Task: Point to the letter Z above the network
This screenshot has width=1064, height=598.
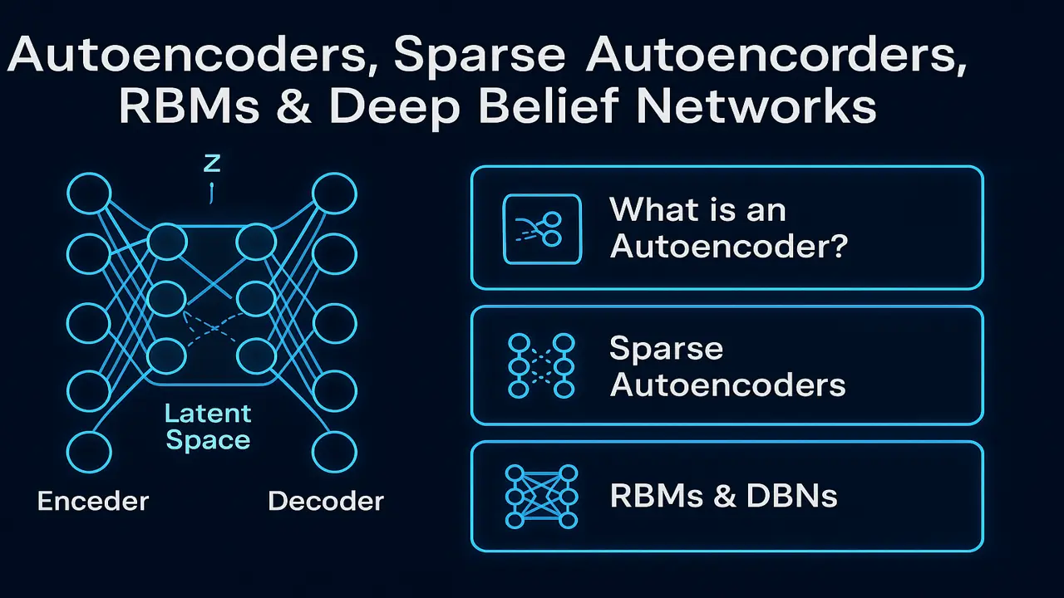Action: (211, 163)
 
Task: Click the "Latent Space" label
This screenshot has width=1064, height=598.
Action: (208, 426)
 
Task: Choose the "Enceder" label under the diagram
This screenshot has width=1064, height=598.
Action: (93, 501)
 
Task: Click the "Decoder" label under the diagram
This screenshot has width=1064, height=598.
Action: (326, 501)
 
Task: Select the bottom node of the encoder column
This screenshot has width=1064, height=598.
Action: (89, 453)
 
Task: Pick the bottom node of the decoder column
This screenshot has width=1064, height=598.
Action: (334, 453)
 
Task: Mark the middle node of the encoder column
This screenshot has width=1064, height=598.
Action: (89, 322)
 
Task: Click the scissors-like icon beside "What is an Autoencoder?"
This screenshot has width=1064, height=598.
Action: (542, 228)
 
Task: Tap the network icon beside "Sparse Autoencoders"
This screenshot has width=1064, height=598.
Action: (541, 365)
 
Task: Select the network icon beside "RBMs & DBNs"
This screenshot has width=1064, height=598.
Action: (541, 497)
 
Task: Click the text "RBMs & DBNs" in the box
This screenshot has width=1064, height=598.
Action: (723, 497)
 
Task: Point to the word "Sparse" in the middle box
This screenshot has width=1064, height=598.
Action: (666, 349)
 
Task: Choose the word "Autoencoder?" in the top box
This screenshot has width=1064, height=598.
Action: (728, 247)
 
